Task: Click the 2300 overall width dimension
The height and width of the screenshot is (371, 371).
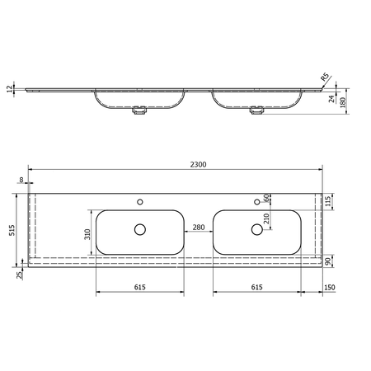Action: pos(198,164)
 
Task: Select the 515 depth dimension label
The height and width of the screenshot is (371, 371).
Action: pos(12,230)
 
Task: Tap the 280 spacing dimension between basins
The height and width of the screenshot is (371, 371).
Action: pos(199,228)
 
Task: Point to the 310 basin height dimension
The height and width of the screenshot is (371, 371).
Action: pos(87,234)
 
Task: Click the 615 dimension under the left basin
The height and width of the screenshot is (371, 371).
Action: pos(140,287)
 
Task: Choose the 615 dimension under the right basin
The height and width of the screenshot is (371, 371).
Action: pos(257,287)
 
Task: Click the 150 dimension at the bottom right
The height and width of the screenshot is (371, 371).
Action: pos(330,288)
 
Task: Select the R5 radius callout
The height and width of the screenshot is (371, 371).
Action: pos(325,77)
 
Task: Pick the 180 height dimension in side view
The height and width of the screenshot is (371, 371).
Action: pos(343,102)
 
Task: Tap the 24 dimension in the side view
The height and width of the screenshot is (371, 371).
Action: pos(332,99)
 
